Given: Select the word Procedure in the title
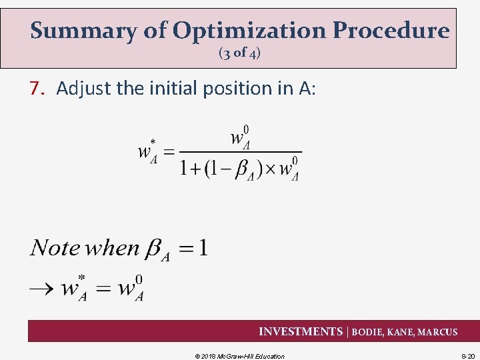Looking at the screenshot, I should (391, 31).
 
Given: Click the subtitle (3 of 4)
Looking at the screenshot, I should (239, 54).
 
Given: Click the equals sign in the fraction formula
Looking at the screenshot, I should (169, 152).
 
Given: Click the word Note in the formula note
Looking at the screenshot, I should (55, 249).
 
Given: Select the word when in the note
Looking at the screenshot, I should (113, 249).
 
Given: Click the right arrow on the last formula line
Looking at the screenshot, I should (41, 289).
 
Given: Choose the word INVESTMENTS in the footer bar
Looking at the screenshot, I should (300, 332).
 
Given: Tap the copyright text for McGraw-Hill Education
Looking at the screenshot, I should (239, 356).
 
